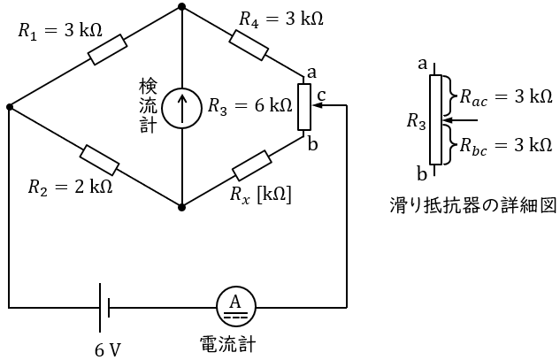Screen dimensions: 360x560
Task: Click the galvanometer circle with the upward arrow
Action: point(181,108)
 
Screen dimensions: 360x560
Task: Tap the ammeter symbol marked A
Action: point(235,307)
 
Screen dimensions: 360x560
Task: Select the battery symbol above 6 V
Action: point(104,307)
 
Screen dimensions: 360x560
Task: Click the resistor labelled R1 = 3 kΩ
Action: point(109,50)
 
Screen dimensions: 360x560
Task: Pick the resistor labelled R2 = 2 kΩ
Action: point(99,160)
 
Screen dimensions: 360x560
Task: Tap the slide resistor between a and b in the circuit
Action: point(303,105)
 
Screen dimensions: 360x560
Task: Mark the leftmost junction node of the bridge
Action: point(9,107)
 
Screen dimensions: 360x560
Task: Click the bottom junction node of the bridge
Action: point(181,208)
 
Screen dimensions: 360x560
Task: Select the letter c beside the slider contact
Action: point(321,93)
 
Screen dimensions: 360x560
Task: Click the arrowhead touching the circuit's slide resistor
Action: point(316,105)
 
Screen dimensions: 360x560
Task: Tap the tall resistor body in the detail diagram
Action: point(434,119)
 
